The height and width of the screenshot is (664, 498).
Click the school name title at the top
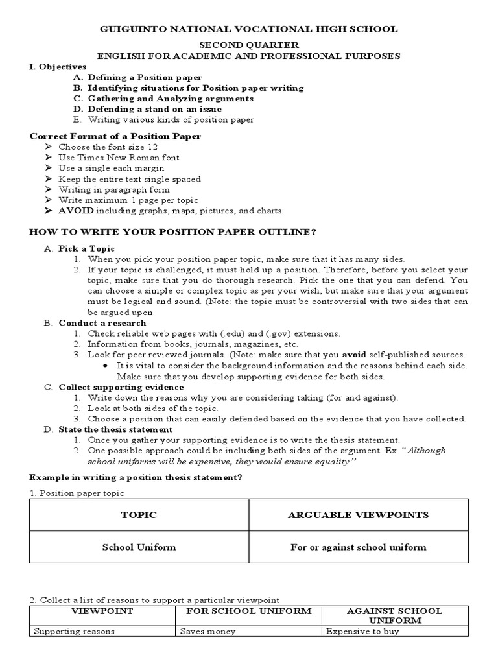248,29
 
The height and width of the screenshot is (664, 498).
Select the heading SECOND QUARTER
248,45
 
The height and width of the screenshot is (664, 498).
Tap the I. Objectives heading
58,67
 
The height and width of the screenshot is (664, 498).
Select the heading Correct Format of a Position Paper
115,136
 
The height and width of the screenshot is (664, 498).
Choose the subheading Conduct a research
102,323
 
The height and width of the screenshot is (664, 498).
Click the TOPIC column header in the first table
139,515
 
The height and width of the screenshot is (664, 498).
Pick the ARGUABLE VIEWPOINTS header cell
358,515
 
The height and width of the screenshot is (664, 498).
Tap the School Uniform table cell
139,547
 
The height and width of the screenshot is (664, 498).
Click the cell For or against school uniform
358,547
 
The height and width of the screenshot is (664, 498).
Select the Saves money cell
209,631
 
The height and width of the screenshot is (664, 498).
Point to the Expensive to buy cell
362,631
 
